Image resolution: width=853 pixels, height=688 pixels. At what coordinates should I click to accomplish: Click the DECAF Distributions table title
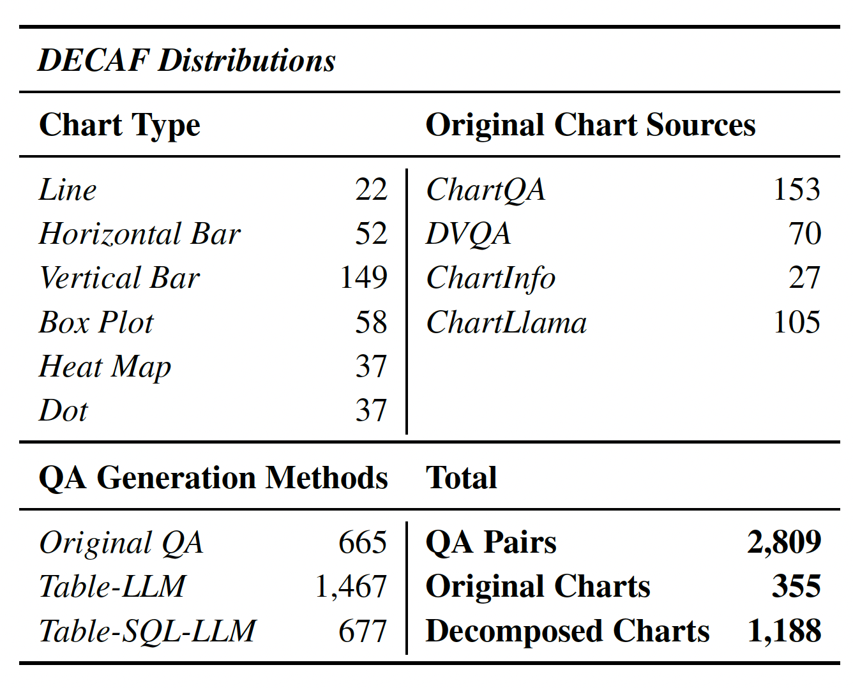pyautogui.click(x=186, y=61)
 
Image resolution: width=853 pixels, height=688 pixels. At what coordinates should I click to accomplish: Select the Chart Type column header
pyautogui.click(x=119, y=125)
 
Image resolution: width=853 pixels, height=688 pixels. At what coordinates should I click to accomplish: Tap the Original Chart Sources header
pyautogui.click(x=590, y=125)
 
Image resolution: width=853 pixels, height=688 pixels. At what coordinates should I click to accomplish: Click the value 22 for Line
pyautogui.click(x=371, y=190)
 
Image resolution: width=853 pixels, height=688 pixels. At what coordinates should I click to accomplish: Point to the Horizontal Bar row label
pyautogui.click(x=139, y=234)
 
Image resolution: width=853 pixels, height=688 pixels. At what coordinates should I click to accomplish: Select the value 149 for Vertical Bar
pyautogui.click(x=363, y=278)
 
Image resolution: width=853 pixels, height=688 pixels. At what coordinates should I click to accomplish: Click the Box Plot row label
pyautogui.click(x=96, y=322)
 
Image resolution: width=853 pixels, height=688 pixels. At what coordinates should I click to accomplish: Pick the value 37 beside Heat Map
pyautogui.click(x=371, y=366)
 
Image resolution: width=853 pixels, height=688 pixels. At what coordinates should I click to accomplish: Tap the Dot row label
pyautogui.click(x=63, y=410)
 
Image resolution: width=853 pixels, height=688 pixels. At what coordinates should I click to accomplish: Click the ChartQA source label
pyautogui.click(x=486, y=190)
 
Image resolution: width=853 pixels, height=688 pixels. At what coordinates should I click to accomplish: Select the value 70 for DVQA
pyautogui.click(x=804, y=234)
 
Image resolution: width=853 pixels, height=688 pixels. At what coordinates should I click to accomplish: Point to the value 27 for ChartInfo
pyautogui.click(x=804, y=278)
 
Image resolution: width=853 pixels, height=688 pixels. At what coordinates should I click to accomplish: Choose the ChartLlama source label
pyautogui.click(x=506, y=322)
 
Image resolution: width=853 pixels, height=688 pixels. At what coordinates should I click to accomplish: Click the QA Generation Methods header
pyautogui.click(x=213, y=478)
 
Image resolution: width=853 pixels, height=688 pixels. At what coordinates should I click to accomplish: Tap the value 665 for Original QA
pyautogui.click(x=363, y=542)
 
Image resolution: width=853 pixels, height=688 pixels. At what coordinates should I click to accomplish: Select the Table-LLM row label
pyautogui.click(x=112, y=587)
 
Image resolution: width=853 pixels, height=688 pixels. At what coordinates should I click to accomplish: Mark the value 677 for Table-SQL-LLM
pyautogui.click(x=363, y=631)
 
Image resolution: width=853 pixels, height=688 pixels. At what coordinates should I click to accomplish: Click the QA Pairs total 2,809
pyautogui.click(x=784, y=542)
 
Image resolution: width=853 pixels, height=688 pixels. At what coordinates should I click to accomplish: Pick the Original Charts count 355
pyautogui.click(x=796, y=587)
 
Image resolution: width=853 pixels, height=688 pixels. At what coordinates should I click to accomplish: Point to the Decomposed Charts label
pyautogui.click(x=567, y=631)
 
